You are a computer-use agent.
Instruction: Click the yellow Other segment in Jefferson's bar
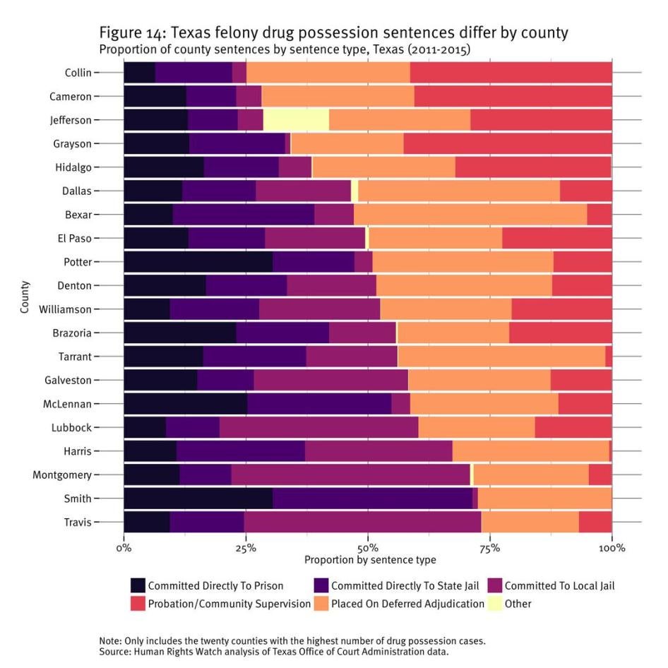click(296, 120)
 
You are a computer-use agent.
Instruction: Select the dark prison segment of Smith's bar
click(198, 499)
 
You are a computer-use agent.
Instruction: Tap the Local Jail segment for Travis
click(362, 522)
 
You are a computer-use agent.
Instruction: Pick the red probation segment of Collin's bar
click(511, 73)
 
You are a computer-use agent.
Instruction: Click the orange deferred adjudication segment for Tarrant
click(501, 357)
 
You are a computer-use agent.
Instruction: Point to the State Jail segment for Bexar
click(243, 215)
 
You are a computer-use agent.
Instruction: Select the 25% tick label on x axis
click(246, 548)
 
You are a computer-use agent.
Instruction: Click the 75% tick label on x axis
click(490, 548)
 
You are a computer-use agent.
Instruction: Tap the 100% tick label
click(612, 548)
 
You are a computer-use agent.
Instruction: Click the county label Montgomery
click(61, 475)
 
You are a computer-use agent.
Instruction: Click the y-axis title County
click(25, 297)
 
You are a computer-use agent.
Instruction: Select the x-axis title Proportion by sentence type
click(369, 560)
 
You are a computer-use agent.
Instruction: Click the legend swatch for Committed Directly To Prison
click(138, 585)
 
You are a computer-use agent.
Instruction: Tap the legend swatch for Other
click(494, 604)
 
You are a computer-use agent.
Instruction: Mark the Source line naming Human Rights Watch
click(274, 652)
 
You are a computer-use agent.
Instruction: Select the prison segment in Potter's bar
click(198, 262)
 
